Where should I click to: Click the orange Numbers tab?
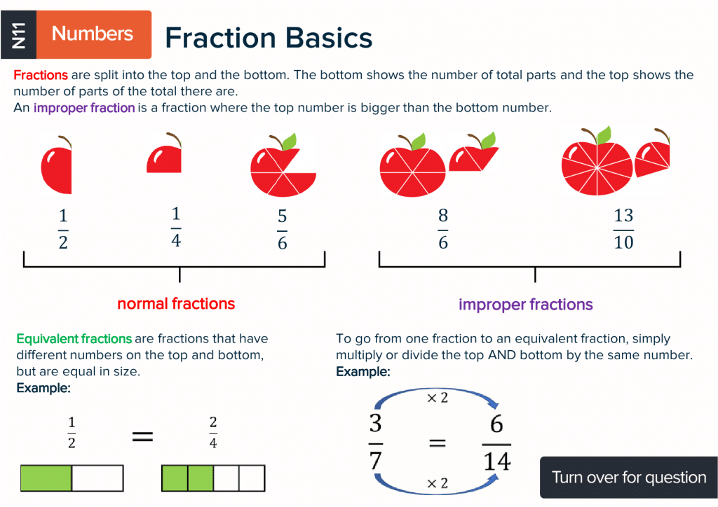[92, 34]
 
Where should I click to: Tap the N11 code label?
[19, 34]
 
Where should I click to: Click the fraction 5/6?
[282, 230]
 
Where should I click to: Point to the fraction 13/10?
[623, 230]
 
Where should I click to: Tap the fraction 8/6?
[443, 230]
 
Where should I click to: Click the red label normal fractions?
[176, 304]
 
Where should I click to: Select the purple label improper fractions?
[525, 305]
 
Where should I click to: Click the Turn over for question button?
[628, 478]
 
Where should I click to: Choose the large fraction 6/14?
[496, 443]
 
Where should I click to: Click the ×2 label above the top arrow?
[437, 398]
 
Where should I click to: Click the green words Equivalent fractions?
[74, 339]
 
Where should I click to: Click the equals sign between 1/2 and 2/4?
[142, 437]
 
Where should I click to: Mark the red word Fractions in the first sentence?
[41, 75]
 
